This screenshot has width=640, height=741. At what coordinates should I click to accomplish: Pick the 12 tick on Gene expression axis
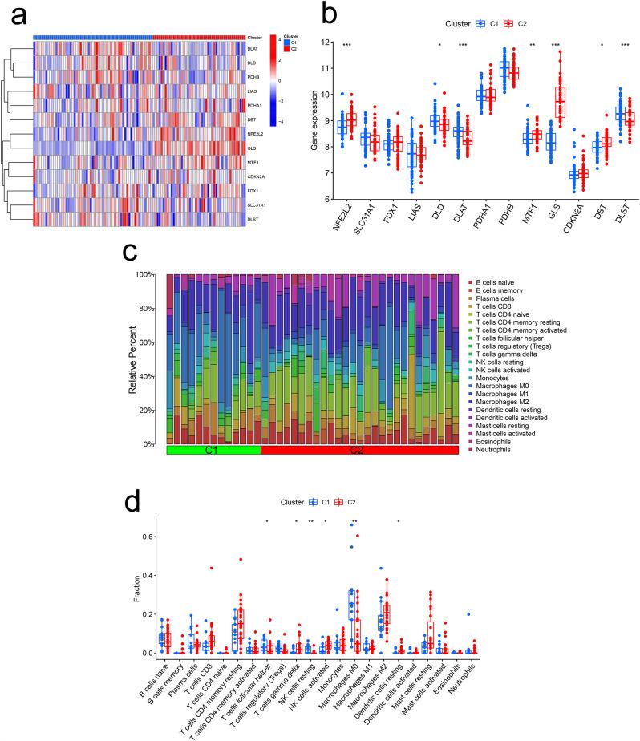pyautogui.click(x=325, y=42)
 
